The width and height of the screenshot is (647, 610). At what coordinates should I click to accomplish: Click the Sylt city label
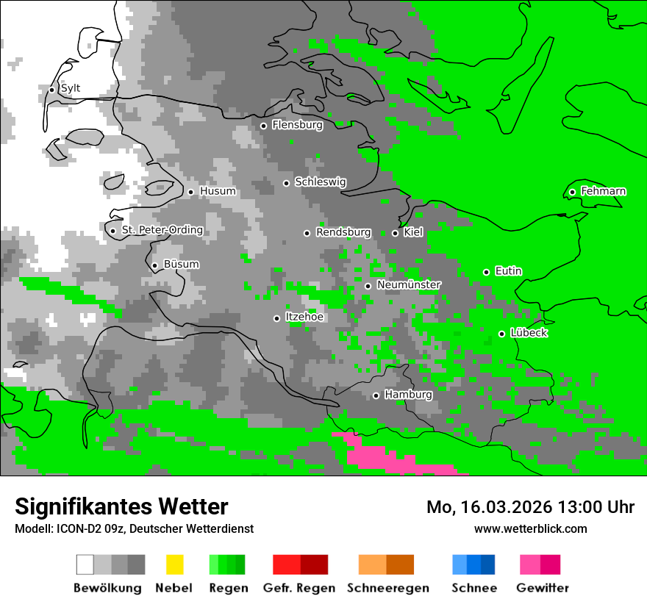(71, 89)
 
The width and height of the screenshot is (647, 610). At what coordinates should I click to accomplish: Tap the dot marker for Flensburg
(263, 126)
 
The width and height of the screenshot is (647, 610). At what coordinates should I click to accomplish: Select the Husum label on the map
(218, 192)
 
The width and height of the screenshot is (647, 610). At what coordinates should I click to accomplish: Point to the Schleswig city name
(320, 182)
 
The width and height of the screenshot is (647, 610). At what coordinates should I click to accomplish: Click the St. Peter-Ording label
(162, 231)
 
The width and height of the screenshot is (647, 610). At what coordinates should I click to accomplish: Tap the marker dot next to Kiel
(395, 233)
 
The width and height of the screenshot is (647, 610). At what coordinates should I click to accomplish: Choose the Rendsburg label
(343, 233)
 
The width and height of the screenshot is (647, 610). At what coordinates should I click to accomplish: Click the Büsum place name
(181, 265)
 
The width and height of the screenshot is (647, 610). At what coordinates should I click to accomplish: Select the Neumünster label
(409, 285)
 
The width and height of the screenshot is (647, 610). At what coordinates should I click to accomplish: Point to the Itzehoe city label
(304, 317)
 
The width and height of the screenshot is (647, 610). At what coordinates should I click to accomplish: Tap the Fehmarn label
(603, 192)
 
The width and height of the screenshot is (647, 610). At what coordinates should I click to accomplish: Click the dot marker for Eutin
(486, 272)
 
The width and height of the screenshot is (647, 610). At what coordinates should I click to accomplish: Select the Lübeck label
(529, 334)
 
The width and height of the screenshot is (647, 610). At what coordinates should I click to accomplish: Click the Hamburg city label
(408, 395)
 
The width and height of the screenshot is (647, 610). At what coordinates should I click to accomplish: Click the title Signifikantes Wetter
(121, 507)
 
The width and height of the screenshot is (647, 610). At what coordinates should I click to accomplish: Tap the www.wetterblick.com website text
(530, 529)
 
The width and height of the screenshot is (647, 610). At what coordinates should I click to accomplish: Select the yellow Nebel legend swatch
(174, 564)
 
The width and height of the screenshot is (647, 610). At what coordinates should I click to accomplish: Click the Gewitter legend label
(542, 588)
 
